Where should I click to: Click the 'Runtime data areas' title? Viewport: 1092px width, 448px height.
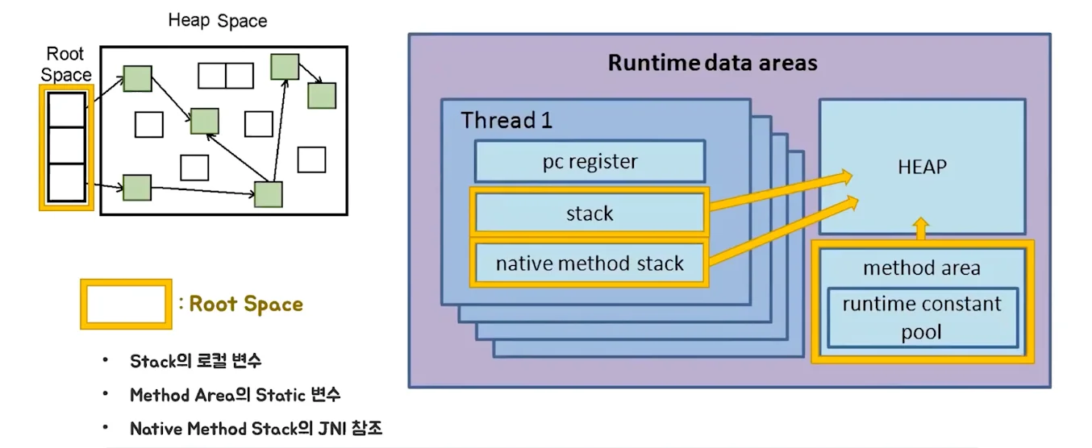[712, 63]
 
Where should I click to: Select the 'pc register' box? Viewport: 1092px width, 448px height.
[590, 162]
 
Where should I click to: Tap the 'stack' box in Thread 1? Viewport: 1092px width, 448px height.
[590, 214]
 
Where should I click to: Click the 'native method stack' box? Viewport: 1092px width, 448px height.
[590, 263]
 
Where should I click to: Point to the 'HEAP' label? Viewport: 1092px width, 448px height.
[922, 168]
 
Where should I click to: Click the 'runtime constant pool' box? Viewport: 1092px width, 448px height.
[922, 317]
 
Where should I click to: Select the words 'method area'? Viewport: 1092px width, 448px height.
[922, 268]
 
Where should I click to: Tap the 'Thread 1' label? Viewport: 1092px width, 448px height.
[506, 121]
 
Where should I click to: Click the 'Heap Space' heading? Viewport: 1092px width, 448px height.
[217, 20]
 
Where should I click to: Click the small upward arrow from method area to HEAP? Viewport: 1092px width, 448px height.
[922, 228]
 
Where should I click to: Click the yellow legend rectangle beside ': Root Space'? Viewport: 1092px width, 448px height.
[126, 304]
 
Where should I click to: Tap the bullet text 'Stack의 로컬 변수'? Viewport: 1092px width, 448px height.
[195, 361]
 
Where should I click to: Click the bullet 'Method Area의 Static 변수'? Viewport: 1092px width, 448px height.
[235, 395]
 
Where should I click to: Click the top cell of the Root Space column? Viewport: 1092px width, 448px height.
[66, 109]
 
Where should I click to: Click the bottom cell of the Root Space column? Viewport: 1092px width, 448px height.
[66, 183]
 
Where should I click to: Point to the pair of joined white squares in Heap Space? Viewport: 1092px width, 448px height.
[226, 76]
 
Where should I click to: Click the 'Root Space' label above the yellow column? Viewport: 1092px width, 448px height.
[65, 64]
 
